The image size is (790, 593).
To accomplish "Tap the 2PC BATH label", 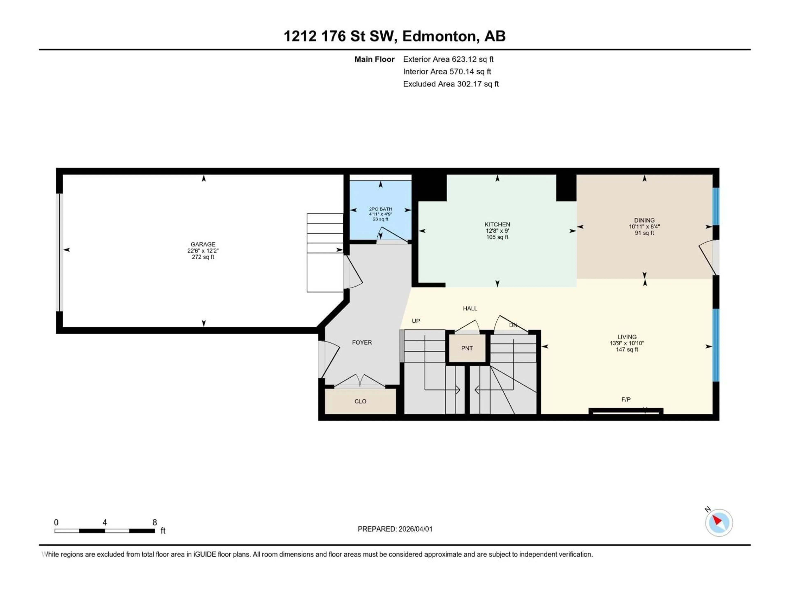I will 380,209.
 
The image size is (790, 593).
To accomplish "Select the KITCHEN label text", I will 497,224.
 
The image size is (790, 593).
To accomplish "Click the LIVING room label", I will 627,337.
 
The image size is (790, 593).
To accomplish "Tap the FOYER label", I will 362,342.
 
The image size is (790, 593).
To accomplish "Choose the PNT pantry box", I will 467,348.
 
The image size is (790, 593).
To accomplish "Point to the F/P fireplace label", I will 626,400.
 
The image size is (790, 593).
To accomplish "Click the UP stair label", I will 416,321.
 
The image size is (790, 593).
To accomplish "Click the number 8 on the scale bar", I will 155,522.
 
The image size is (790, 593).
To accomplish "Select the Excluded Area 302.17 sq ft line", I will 451,84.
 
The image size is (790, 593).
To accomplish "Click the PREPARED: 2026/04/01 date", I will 395,529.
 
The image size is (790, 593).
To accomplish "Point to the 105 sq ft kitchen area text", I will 497,237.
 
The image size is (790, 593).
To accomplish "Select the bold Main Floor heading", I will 374,59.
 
